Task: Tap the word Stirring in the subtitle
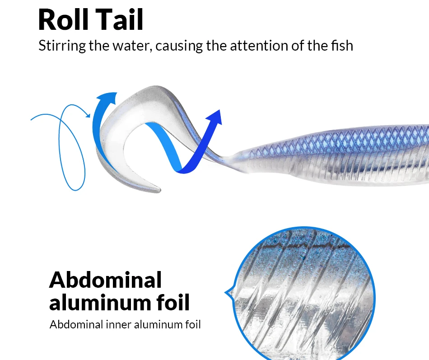62,46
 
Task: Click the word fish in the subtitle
342,46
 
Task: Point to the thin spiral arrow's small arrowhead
88,115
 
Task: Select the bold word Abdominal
105,280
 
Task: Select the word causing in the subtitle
179,46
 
